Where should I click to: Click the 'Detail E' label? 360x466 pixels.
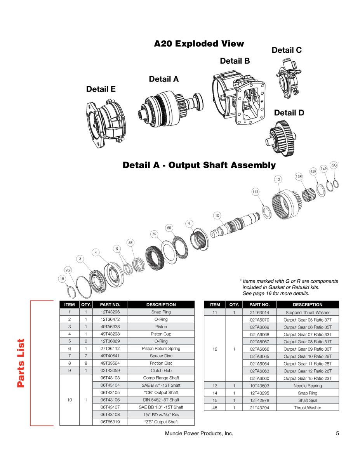(101, 89)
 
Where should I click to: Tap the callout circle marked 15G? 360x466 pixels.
(333, 165)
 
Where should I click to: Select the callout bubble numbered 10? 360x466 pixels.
(217, 216)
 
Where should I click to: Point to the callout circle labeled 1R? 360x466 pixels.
(62, 278)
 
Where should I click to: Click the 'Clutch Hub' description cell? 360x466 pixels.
(161, 370)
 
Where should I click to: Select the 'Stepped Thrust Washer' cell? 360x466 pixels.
(307, 312)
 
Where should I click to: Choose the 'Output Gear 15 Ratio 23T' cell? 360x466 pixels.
(307, 378)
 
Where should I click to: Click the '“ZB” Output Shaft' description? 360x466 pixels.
(161, 422)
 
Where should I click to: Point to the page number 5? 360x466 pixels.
(337, 434)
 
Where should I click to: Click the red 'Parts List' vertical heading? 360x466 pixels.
(21, 363)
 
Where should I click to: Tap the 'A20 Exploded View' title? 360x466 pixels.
(199, 43)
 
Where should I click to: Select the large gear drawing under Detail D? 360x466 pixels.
(282, 137)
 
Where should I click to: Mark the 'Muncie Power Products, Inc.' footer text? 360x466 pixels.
(199, 434)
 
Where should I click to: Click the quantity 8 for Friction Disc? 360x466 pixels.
(85, 363)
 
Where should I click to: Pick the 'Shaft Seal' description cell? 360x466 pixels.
(307, 400)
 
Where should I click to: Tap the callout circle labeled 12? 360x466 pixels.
(278, 179)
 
